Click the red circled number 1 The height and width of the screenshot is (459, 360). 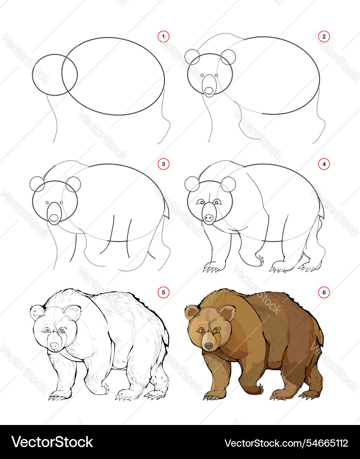pyautogui.click(x=163, y=37)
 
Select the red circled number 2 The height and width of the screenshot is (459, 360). pyautogui.click(x=324, y=37)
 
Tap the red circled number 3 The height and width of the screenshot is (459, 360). pyautogui.click(x=163, y=164)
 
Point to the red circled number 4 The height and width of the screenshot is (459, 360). pyautogui.click(x=324, y=164)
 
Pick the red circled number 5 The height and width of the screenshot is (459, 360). pyautogui.click(x=163, y=292)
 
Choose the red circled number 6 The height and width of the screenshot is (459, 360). pyautogui.click(x=324, y=292)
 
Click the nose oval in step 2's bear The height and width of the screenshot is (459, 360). pyautogui.click(x=209, y=90)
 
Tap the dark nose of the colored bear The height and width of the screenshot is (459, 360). pyautogui.click(x=209, y=346)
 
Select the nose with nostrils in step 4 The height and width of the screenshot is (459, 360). pyautogui.click(x=208, y=218)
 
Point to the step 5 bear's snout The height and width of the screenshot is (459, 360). pyautogui.click(x=54, y=343)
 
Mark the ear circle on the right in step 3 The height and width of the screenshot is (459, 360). pyautogui.click(x=74, y=184)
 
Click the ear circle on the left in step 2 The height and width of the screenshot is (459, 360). pyautogui.click(x=192, y=57)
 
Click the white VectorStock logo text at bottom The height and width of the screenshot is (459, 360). pyautogui.click(x=52, y=442)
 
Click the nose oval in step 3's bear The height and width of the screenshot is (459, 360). pyautogui.click(x=54, y=218)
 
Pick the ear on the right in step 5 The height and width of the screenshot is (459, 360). pyautogui.click(x=72, y=313)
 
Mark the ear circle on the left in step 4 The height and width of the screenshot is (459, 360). pyautogui.click(x=192, y=184)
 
